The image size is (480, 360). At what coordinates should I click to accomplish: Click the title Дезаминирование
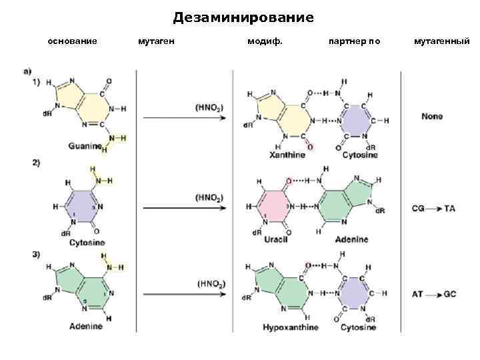(x=243, y=17)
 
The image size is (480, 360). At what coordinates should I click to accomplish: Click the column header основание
(x=73, y=41)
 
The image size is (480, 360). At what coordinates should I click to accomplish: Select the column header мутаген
(x=157, y=41)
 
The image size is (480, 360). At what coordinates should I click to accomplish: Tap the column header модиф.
(x=265, y=41)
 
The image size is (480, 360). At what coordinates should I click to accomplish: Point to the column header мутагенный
(x=442, y=41)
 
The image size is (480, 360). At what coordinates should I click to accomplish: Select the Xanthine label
(x=287, y=155)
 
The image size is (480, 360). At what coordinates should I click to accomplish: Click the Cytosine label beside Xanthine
(x=360, y=155)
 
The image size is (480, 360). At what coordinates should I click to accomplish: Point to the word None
(x=432, y=117)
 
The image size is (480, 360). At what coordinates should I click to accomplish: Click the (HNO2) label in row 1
(x=209, y=107)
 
